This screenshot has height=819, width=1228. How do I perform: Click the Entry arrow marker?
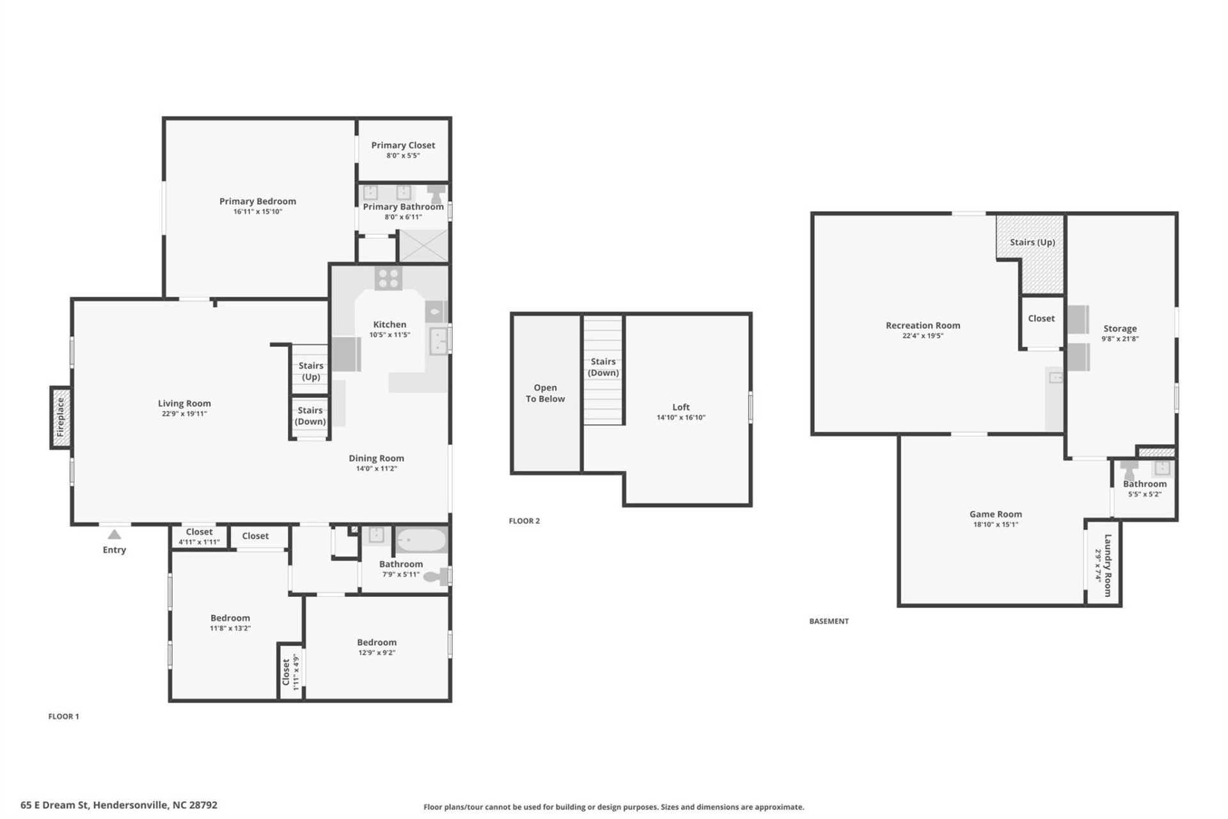click(x=114, y=534)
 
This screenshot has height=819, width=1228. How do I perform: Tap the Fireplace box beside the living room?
click(x=61, y=417)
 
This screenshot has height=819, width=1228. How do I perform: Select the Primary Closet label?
click(x=403, y=145)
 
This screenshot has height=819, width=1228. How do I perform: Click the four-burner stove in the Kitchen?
click(x=388, y=278)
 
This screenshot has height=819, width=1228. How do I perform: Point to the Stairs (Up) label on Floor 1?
click(x=311, y=371)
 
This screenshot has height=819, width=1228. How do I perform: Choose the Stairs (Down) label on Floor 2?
click(x=603, y=367)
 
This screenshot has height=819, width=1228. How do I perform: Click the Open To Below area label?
click(x=545, y=393)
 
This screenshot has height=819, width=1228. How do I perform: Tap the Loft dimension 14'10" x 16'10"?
click(x=681, y=418)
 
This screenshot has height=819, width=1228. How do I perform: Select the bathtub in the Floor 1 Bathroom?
click(x=421, y=541)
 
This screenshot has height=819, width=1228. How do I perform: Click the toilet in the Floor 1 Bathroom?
click(x=438, y=576)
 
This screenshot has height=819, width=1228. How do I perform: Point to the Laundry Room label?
click(x=1108, y=566)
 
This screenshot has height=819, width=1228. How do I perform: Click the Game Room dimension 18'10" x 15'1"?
click(x=995, y=525)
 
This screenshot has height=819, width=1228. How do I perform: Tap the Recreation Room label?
click(x=922, y=325)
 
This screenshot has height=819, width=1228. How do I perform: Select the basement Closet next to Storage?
click(x=1041, y=319)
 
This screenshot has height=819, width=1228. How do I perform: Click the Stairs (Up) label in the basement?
click(x=1032, y=242)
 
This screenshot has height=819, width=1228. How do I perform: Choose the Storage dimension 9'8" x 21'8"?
click(x=1119, y=339)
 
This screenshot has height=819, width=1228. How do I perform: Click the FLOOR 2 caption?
click(x=524, y=521)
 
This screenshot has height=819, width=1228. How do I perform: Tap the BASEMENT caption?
click(x=828, y=621)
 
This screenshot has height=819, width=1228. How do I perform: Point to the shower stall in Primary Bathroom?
click(x=423, y=246)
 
